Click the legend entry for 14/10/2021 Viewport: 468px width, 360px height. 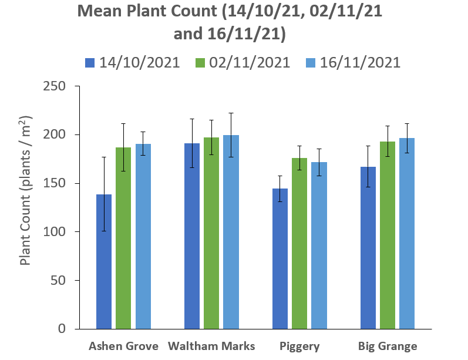[x=132, y=62]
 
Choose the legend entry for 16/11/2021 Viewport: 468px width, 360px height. [x=352, y=62]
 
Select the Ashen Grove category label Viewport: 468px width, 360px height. [x=123, y=346]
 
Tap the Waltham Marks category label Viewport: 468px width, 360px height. [x=211, y=346]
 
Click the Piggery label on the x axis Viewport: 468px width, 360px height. [x=299, y=346]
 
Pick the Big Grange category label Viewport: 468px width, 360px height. [x=388, y=346]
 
